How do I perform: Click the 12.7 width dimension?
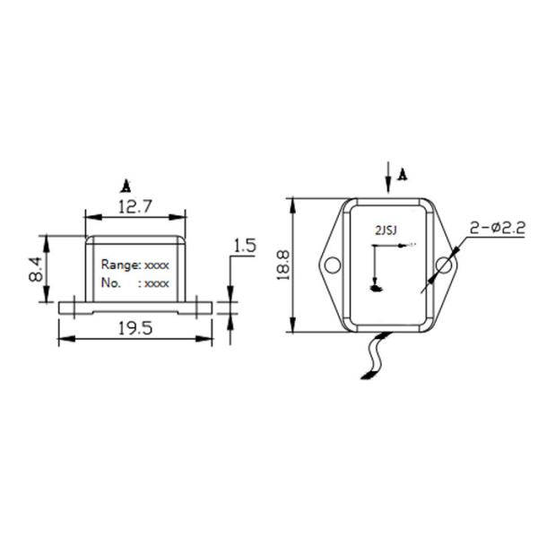134,205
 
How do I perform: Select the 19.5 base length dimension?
134,329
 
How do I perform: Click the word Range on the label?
119,265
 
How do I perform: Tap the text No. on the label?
111,282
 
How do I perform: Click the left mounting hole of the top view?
333,265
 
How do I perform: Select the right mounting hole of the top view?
444,265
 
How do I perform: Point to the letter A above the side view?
126,186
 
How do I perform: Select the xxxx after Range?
156,266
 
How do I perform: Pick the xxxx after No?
156,283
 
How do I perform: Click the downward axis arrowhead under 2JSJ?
376,288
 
